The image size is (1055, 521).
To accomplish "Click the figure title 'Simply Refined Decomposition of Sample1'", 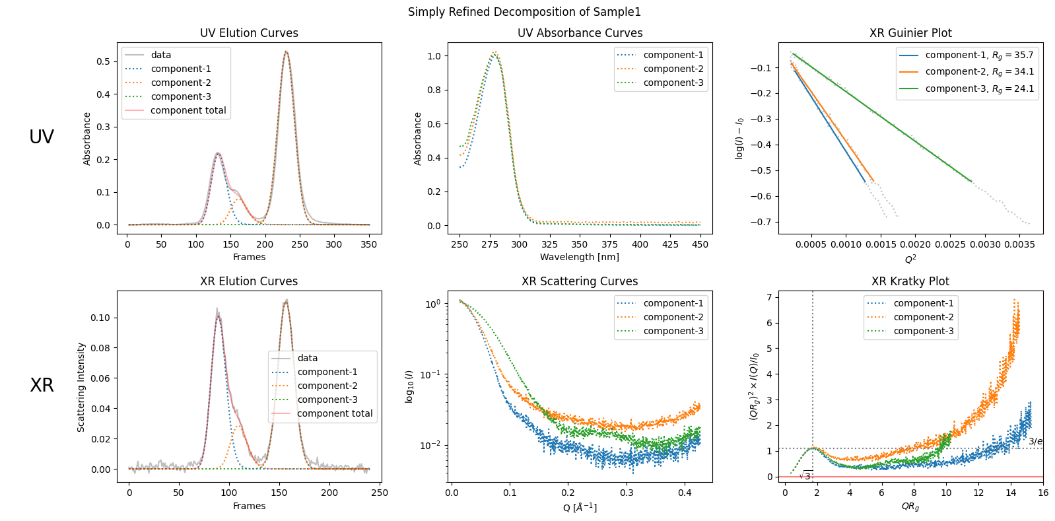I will [x=524, y=12].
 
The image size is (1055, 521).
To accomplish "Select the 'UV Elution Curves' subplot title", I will [x=249, y=33].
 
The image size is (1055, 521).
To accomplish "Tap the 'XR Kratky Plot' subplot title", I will [x=910, y=281].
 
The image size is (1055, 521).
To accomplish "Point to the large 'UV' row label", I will [x=42, y=137].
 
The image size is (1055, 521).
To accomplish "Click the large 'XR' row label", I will [x=42, y=386].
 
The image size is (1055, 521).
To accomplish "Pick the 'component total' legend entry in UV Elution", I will [x=187, y=110].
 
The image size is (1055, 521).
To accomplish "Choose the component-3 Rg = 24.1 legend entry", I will [x=979, y=88].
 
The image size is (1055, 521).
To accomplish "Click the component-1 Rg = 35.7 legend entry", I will [x=979, y=55].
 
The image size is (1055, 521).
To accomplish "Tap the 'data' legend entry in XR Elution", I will [x=307, y=358].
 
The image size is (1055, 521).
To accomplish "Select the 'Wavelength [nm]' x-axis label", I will [x=580, y=257].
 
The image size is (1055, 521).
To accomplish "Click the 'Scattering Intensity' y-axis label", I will [x=81, y=387].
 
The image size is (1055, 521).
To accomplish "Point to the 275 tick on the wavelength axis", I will [x=490, y=244].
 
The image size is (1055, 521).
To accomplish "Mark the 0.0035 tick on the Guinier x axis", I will [x=1020, y=244].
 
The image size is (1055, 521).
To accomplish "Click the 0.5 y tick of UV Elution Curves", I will [x=103, y=61].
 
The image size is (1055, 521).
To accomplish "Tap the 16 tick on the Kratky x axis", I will [x=1042, y=493].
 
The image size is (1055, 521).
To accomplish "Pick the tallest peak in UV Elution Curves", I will [x=286, y=52].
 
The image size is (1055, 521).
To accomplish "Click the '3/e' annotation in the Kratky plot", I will [x=1035, y=441].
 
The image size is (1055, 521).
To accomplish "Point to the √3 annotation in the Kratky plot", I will [x=805, y=475].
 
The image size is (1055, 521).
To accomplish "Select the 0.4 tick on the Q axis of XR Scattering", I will [x=685, y=493].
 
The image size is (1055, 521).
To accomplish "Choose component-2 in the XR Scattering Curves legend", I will [x=673, y=317].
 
